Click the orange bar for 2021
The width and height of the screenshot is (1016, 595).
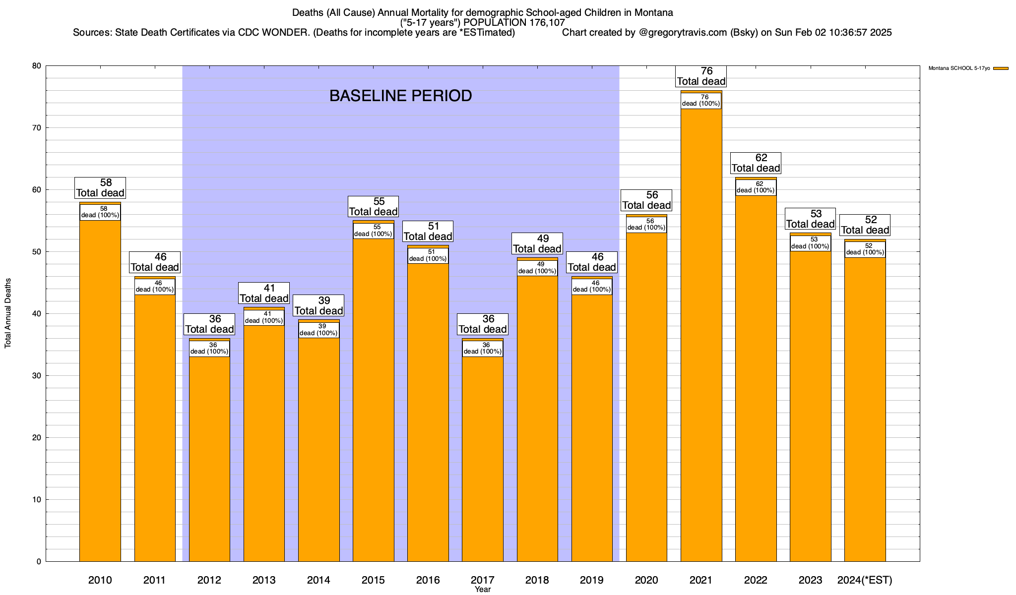701,337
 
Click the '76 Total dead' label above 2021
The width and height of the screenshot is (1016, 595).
701,76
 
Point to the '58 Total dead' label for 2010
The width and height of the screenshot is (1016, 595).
100,188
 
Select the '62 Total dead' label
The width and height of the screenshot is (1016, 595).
756,163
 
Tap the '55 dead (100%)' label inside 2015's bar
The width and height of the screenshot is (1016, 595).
374,231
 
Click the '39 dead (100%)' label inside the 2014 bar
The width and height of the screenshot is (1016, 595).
319,330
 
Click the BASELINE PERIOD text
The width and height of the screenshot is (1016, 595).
400,96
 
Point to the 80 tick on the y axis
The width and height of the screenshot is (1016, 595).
36,66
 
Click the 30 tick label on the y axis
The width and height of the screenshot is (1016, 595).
36,376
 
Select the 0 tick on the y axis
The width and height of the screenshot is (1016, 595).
38,562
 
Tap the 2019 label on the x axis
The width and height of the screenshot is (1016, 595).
592,580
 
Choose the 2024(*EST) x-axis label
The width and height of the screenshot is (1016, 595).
865,580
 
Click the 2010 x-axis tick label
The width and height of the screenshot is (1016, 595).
100,580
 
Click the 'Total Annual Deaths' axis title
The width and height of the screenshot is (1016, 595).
8,313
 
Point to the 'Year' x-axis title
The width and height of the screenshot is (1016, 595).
482,590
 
